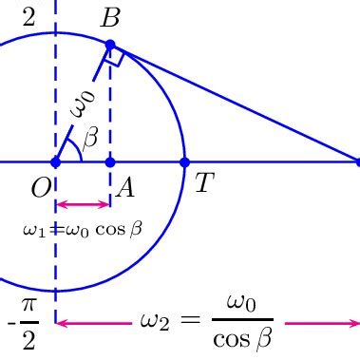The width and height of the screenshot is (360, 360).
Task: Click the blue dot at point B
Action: coord(110,45)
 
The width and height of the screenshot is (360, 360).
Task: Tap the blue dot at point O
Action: coord(55,162)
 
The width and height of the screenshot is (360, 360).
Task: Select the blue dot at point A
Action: coord(110,162)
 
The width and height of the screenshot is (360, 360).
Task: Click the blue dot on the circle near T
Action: coord(184,162)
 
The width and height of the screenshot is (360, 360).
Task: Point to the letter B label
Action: coord(110,17)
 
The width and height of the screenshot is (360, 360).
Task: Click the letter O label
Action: coord(41,187)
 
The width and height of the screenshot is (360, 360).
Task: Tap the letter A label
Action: coord(123,188)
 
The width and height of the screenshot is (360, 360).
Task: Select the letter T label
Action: coord(203,182)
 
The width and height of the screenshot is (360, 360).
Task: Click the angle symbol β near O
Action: coord(90,140)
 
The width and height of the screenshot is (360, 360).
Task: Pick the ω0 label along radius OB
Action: coord(84,102)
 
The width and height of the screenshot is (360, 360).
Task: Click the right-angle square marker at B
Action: coord(115,58)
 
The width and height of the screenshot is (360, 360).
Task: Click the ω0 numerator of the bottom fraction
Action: coord(242,304)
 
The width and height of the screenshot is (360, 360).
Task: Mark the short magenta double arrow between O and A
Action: coord(83,204)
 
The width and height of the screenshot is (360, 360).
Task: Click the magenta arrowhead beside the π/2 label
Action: coord(62,323)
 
